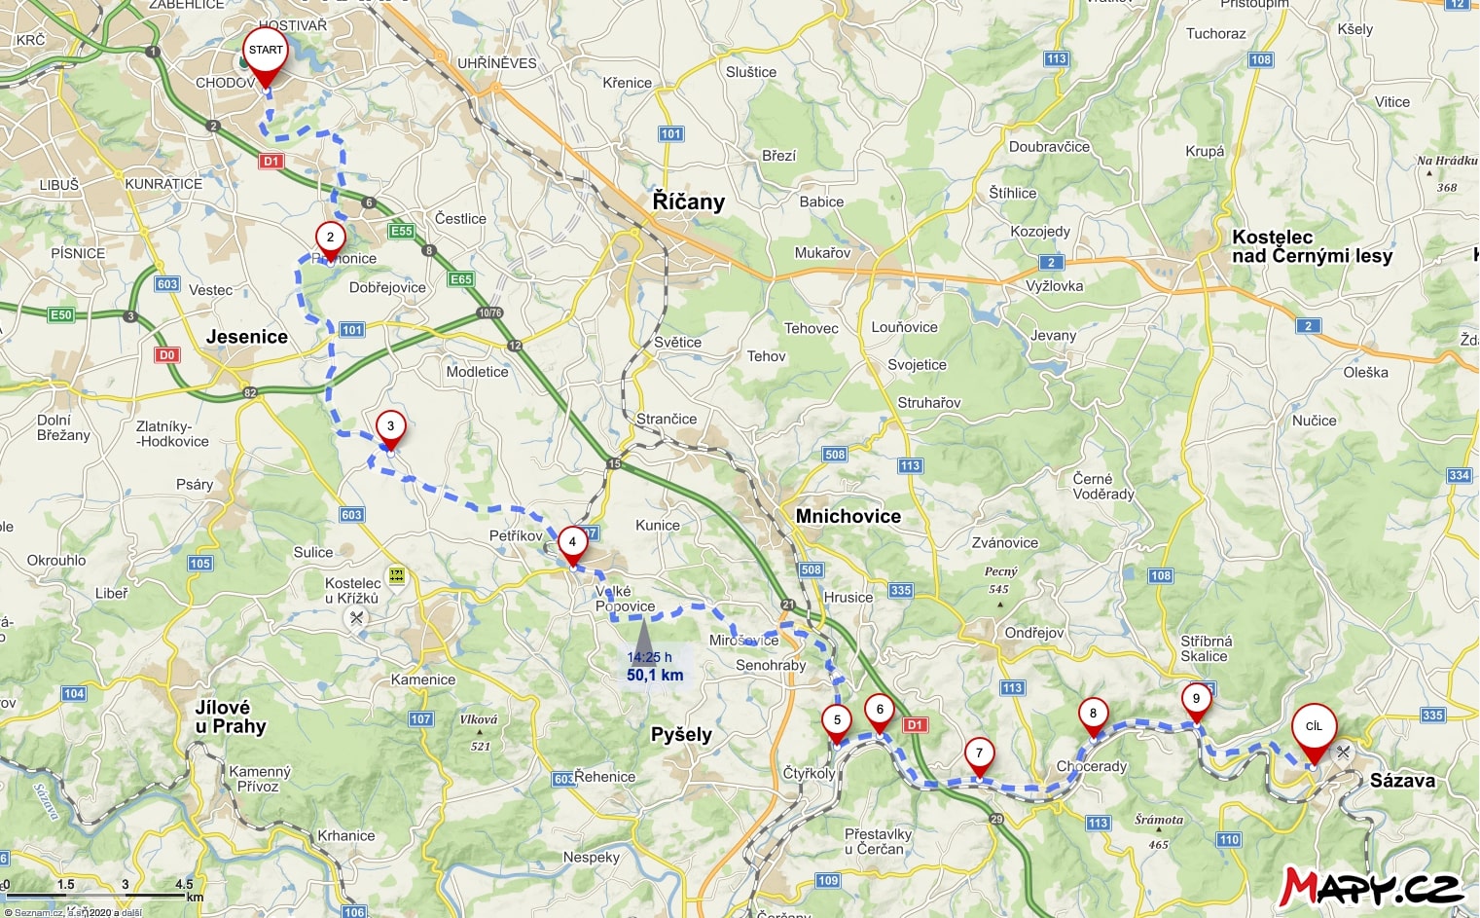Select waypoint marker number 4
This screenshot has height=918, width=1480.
click(x=572, y=542)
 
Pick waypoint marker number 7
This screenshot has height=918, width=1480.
click(x=979, y=753)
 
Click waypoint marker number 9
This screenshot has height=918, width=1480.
click(x=1196, y=699)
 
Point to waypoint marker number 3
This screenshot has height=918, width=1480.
click(x=390, y=426)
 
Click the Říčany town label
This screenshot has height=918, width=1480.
click(x=688, y=202)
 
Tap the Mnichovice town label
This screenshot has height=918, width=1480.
click(x=848, y=516)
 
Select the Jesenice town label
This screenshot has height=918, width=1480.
click(x=246, y=337)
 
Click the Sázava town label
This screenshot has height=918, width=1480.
click(x=1402, y=780)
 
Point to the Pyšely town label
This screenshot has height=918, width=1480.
click(x=681, y=734)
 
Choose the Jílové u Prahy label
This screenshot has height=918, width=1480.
click(x=231, y=716)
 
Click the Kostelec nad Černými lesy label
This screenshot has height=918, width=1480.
click(x=1312, y=246)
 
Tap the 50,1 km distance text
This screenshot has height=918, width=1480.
click(x=655, y=675)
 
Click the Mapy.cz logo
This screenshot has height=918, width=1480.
click(x=1371, y=886)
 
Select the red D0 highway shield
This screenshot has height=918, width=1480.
click(x=167, y=354)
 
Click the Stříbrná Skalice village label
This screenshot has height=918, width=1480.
click(x=1206, y=648)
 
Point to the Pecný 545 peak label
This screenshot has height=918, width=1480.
click(x=1000, y=580)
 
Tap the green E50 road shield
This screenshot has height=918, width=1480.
click(x=61, y=314)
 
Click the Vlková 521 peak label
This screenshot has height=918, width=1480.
click(x=480, y=731)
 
